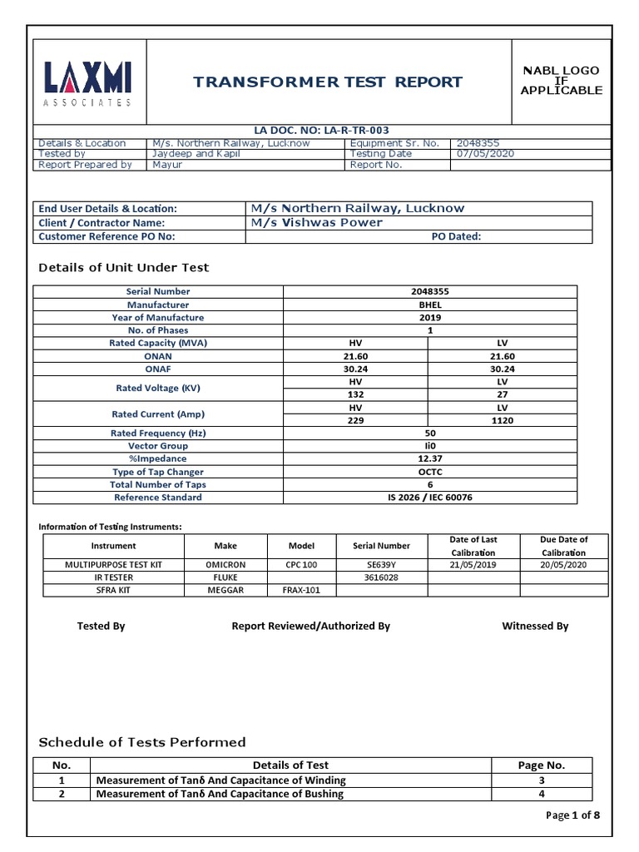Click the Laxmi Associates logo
(87, 82)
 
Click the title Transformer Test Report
(328, 82)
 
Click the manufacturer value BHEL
(429, 305)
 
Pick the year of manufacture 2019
(429, 318)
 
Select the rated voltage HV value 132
(355, 395)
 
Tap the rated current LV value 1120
(502, 421)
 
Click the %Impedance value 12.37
(429, 458)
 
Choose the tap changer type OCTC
(429, 472)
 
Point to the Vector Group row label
(158, 446)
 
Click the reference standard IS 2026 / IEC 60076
(429, 498)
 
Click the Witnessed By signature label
(535, 626)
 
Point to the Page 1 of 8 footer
(572, 815)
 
